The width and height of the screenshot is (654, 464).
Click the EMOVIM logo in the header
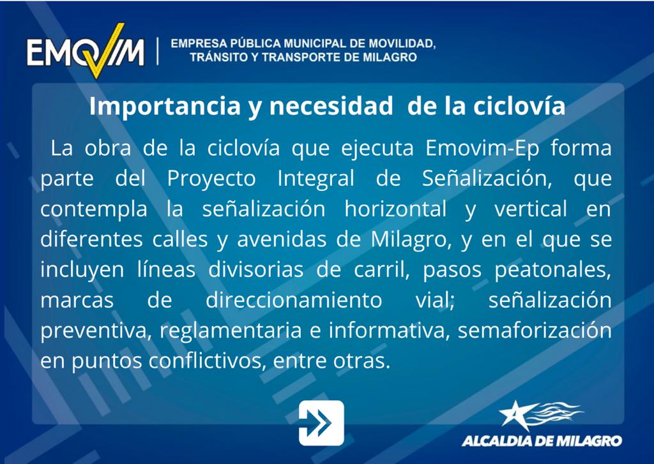click(x=86, y=51)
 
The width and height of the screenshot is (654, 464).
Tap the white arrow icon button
click(x=321, y=423)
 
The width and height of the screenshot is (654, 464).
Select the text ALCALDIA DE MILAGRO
click(x=542, y=440)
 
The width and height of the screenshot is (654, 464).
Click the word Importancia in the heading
click(x=165, y=107)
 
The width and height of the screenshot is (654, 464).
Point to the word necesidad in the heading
click(x=331, y=106)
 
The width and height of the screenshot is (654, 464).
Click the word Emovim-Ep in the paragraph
click(x=482, y=149)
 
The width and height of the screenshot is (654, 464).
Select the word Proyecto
click(x=211, y=179)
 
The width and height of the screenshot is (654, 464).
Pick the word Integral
click(x=316, y=179)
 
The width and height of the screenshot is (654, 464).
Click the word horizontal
click(x=395, y=209)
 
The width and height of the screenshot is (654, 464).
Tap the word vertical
click(x=531, y=209)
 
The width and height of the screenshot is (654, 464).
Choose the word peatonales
click(x=553, y=271)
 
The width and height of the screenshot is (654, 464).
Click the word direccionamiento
click(x=294, y=301)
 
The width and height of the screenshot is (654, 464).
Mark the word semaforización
click(x=535, y=331)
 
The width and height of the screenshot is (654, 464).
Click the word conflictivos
click(x=208, y=361)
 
